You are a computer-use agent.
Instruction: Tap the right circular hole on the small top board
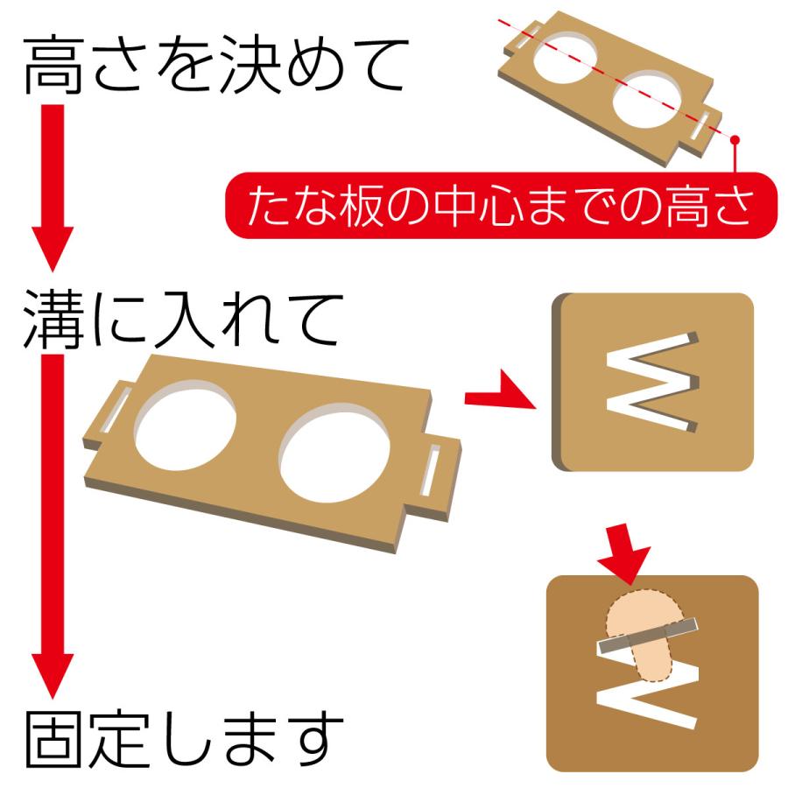650,102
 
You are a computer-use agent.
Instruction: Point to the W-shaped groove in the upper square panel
654,382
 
